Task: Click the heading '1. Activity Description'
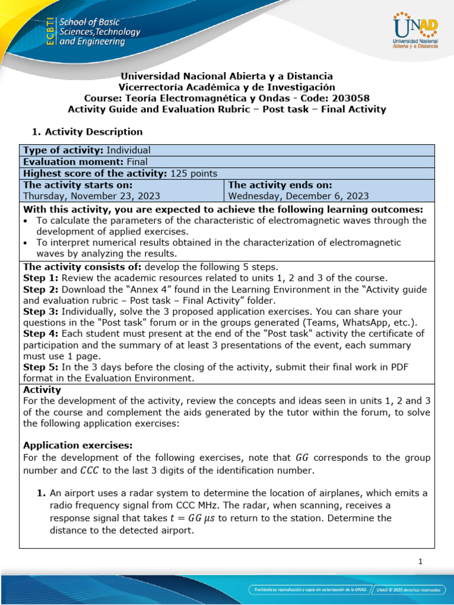point(86,132)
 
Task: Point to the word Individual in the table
point(128,150)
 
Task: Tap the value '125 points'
point(194,173)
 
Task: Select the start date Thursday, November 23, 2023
point(91,196)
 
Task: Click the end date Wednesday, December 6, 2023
point(299,196)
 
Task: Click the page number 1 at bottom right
point(420,562)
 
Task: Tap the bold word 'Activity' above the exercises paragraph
point(41,390)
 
